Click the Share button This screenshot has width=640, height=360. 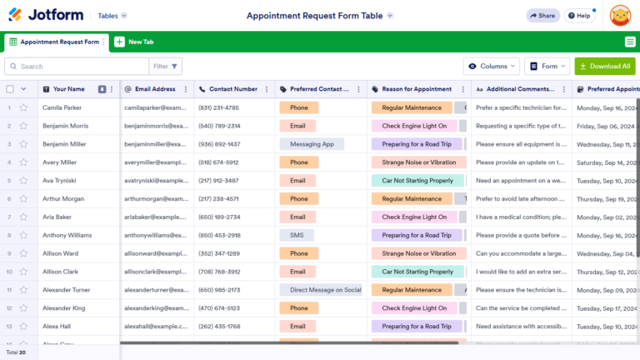pos(542,15)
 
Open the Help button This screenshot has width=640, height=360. pos(580,15)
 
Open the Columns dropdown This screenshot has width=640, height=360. pos(491,66)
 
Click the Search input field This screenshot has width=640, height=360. pos(75,66)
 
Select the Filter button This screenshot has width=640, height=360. pos(166,66)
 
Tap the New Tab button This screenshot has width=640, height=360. pos(135,42)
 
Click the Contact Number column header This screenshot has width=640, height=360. pos(232,89)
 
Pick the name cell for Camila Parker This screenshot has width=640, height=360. pos(62,107)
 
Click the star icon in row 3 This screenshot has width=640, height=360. pos(23,144)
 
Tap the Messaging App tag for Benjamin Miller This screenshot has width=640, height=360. pos(312,144)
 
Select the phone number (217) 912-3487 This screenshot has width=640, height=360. pos(218,181)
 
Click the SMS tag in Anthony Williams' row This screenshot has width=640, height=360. pos(297,235)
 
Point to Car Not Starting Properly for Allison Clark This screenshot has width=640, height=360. pos(417,272)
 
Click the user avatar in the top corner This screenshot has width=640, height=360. pos(620,15)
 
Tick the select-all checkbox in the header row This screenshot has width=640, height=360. pos(10,89)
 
